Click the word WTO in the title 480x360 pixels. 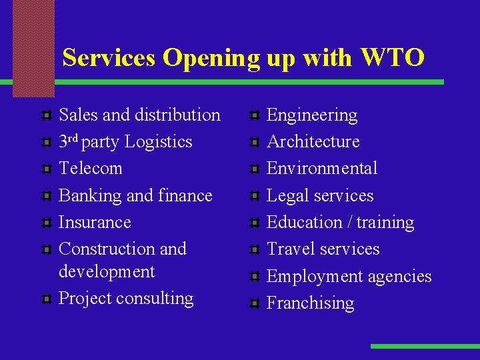pyautogui.click(x=393, y=58)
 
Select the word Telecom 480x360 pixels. pyautogui.click(x=91, y=168)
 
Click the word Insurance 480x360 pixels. pyautogui.click(x=95, y=222)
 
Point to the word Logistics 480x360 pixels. pyautogui.click(x=158, y=142)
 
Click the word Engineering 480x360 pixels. pyautogui.click(x=312, y=115)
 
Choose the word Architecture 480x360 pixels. pyautogui.click(x=313, y=142)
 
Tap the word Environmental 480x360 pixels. pyautogui.click(x=322, y=168)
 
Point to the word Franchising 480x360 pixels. pyautogui.click(x=310, y=303)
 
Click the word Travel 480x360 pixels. pyautogui.click(x=289, y=249)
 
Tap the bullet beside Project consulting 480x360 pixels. pyautogui.click(x=45, y=299)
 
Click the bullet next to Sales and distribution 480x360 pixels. pyautogui.click(x=45, y=116)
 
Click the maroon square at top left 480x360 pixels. pyautogui.click(x=33, y=48)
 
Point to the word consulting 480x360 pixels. pyautogui.click(x=154, y=298)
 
